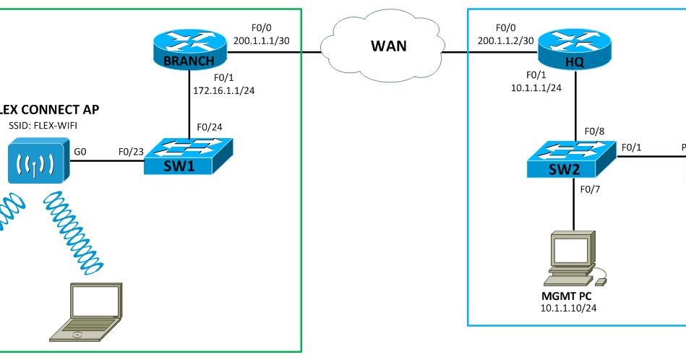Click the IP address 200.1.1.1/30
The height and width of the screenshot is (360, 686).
(x=262, y=42)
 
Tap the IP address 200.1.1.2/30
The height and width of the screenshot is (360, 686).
(x=505, y=42)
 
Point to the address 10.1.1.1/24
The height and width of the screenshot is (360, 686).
(x=532, y=87)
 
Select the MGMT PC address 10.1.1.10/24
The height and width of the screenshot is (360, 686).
(x=573, y=308)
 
